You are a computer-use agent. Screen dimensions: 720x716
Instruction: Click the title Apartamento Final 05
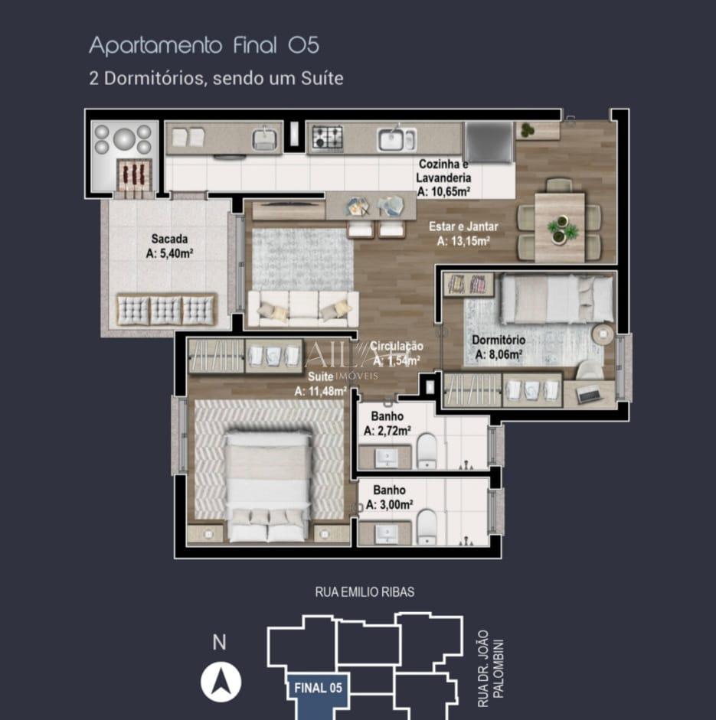204,45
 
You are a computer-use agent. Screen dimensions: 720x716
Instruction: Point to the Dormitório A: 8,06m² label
498,347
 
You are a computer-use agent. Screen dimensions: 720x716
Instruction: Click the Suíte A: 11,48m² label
321,384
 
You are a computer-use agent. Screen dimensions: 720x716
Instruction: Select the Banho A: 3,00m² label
389,497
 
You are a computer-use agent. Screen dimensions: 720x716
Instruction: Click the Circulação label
397,352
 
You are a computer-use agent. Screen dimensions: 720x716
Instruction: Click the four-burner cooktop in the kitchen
327,138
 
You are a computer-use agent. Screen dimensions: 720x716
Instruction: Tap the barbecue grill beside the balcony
134,174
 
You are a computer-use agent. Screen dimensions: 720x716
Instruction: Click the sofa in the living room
302,308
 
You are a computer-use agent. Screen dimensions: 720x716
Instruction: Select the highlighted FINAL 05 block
317,687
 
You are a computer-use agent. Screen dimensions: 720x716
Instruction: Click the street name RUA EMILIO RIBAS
365,592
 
